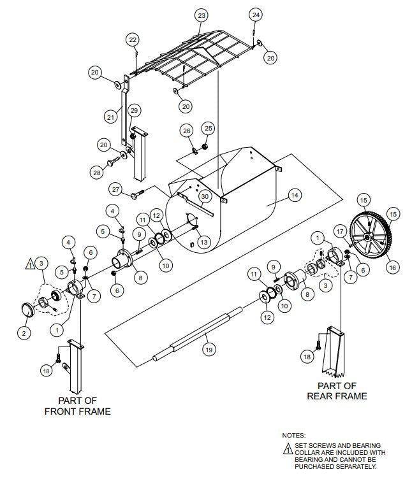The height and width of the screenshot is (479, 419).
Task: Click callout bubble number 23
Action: click(202, 15)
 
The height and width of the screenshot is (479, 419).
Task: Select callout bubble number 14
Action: click(294, 196)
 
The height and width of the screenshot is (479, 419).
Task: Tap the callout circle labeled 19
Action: click(208, 349)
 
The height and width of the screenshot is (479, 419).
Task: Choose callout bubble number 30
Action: click(205, 197)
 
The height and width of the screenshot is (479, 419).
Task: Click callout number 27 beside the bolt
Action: click(115, 189)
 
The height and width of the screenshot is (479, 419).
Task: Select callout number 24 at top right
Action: click(256, 14)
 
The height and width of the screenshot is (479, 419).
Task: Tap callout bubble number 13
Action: click(203, 242)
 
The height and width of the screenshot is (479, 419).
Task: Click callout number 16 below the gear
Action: click(392, 268)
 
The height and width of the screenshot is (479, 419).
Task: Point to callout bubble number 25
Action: click(208, 128)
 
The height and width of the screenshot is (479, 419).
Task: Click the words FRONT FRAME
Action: click(77, 411)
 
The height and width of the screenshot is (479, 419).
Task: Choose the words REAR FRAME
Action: click(337, 396)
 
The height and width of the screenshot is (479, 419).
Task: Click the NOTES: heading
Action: click(294, 435)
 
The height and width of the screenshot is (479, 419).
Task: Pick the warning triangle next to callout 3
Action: click(29, 262)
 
